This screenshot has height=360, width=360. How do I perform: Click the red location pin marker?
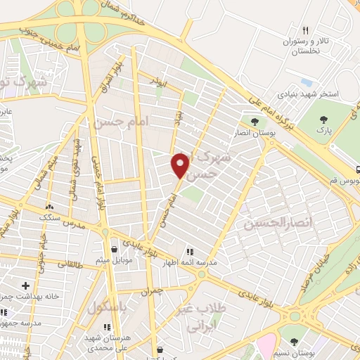click(181, 165)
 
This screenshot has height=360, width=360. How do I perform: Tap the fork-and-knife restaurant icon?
click(304, 30)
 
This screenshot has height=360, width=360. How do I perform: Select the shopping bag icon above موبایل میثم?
click(114, 248)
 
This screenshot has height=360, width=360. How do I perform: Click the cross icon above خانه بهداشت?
click(25, 286)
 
